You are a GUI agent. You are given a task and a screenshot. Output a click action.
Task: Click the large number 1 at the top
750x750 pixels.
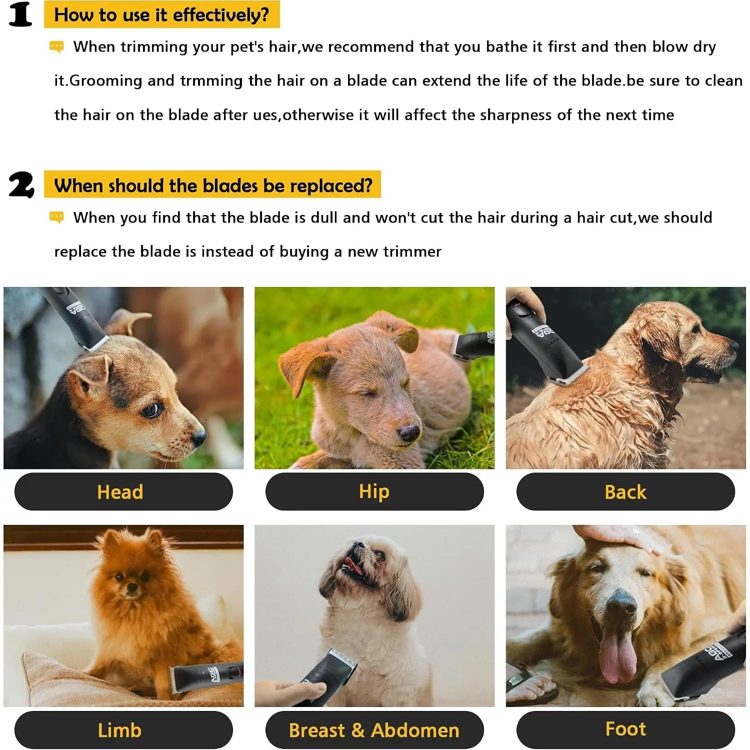tap(20, 14)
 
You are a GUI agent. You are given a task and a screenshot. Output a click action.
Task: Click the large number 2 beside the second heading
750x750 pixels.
tap(21, 185)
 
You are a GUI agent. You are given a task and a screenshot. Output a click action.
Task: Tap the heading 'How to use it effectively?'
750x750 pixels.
tap(161, 14)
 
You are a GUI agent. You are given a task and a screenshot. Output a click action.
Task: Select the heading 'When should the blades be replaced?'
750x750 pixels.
tap(212, 185)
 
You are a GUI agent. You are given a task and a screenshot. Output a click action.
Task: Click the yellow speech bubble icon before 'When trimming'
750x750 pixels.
tap(56, 47)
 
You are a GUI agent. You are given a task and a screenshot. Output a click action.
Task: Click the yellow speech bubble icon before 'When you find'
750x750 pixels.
tap(56, 217)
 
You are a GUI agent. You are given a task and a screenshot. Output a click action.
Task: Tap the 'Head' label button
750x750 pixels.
tap(123, 491)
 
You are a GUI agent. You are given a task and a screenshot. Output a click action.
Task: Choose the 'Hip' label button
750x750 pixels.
tap(374, 491)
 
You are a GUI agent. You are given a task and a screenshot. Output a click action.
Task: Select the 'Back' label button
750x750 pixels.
tap(625, 491)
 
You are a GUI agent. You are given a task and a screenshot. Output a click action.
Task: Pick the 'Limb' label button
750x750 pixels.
tap(123, 730)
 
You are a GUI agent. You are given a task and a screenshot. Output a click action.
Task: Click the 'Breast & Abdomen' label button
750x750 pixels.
tap(374, 730)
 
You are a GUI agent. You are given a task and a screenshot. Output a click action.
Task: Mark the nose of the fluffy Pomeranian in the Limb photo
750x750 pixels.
tap(132, 589)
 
